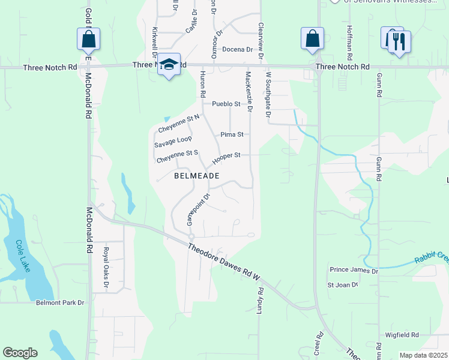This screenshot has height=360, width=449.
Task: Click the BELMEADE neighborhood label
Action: (x=196, y=176)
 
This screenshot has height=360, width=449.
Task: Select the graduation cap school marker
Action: (x=169, y=65)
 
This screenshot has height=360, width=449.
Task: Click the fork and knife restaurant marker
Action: (x=399, y=42)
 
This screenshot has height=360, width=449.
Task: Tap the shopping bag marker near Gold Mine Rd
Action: (x=88, y=40)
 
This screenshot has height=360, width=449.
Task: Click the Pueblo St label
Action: (x=226, y=104)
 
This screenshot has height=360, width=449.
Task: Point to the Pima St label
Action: (x=231, y=134)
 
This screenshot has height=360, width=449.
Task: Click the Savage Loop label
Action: (x=173, y=141)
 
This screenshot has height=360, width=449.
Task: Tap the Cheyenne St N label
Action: (x=178, y=124)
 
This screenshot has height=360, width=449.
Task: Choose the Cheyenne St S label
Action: (x=177, y=157)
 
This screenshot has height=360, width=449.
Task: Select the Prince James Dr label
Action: (x=354, y=271)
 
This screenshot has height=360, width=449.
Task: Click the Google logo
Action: (x=20, y=353)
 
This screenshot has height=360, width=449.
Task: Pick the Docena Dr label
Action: (x=237, y=49)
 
